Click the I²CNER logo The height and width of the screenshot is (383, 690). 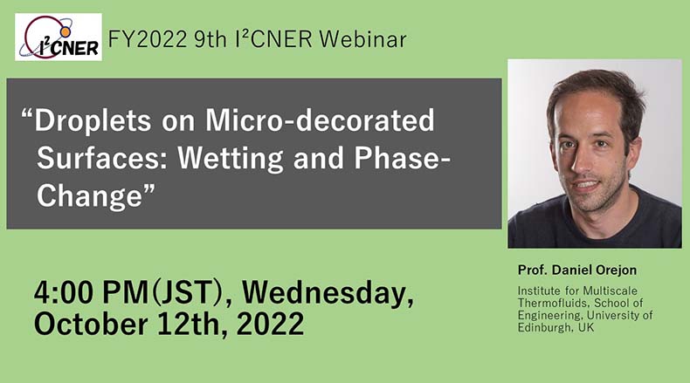(59, 37)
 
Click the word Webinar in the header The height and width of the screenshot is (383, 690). (362, 39)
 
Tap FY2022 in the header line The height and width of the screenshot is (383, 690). (148, 39)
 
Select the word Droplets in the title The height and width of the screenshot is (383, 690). (93, 120)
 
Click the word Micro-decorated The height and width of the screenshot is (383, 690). (320, 120)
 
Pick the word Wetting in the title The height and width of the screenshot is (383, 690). (231, 159)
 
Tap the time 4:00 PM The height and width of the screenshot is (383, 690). (92, 292)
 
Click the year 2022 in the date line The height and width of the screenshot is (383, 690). (270, 324)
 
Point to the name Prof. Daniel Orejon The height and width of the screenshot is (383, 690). (577, 270)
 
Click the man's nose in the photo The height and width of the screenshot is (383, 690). (583, 161)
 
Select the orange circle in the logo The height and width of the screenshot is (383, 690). (66, 32)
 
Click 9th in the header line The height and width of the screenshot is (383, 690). (210, 39)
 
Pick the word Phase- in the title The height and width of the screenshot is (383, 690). (402, 158)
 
